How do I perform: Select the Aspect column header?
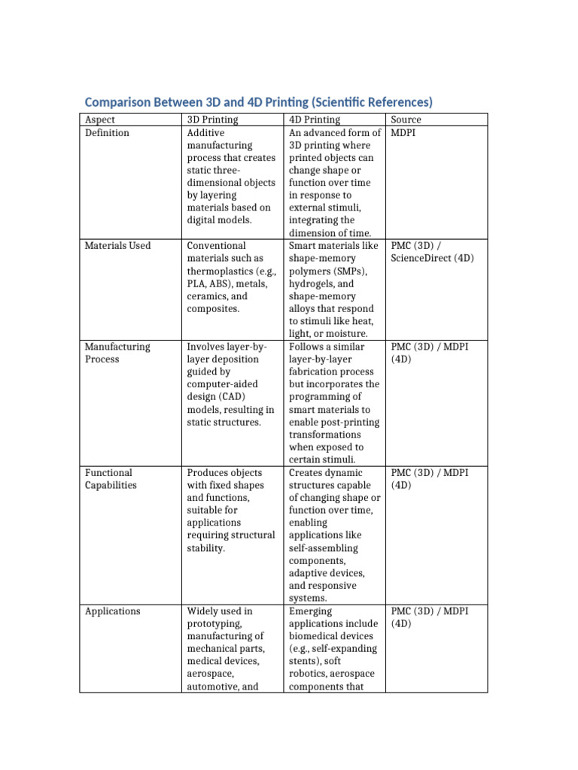(101, 120)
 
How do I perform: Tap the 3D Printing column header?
(212, 120)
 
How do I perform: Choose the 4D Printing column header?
(315, 120)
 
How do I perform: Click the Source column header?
(406, 120)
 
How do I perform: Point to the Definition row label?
(107, 133)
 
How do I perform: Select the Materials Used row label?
(117, 246)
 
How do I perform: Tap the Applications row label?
(112, 611)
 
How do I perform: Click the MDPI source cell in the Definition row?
(404, 133)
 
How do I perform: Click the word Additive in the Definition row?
(205, 133)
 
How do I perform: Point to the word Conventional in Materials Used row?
(216, 246)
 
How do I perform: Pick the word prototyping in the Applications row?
(214, 624)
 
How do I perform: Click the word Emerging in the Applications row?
(310, 611)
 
